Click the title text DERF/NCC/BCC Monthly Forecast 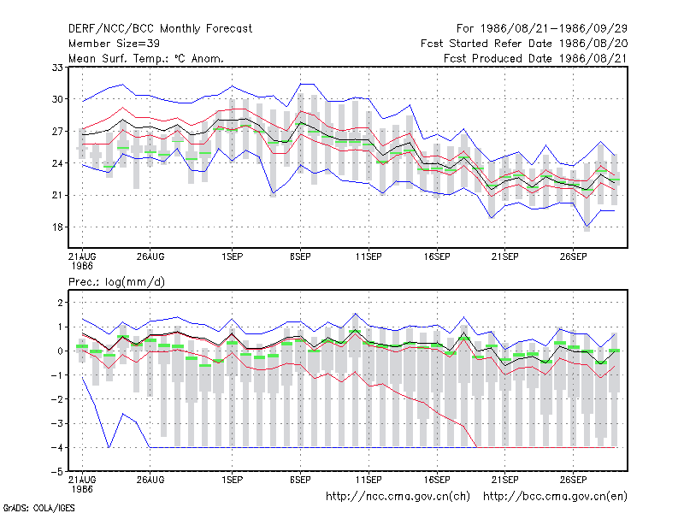[x=160, y=29]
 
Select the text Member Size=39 [x=114, y=44]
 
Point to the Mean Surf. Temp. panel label [x=145, y=58]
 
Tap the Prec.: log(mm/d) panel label [x=116, y=282]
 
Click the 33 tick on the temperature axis [x=57, y=68]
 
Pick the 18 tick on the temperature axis [x=57, y=227]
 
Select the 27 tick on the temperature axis [x=57, y=132]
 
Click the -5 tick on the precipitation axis [x=56, y=472]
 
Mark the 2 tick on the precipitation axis [x=60, y=303]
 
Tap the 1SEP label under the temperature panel [x=232, y=256]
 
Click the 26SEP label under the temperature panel [x=573, y=256]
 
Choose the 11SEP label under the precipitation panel [x=369, y=480]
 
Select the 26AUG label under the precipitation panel [x=150, y=480]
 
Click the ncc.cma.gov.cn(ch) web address [x=398, y=497]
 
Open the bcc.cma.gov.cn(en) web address [x=555, y=497]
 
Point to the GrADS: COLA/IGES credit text [x=38, y=508]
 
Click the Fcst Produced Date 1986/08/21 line [x=536, y=58]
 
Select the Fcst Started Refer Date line [x=524, y=44]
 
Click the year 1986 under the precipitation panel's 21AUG [x=82, y=489]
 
